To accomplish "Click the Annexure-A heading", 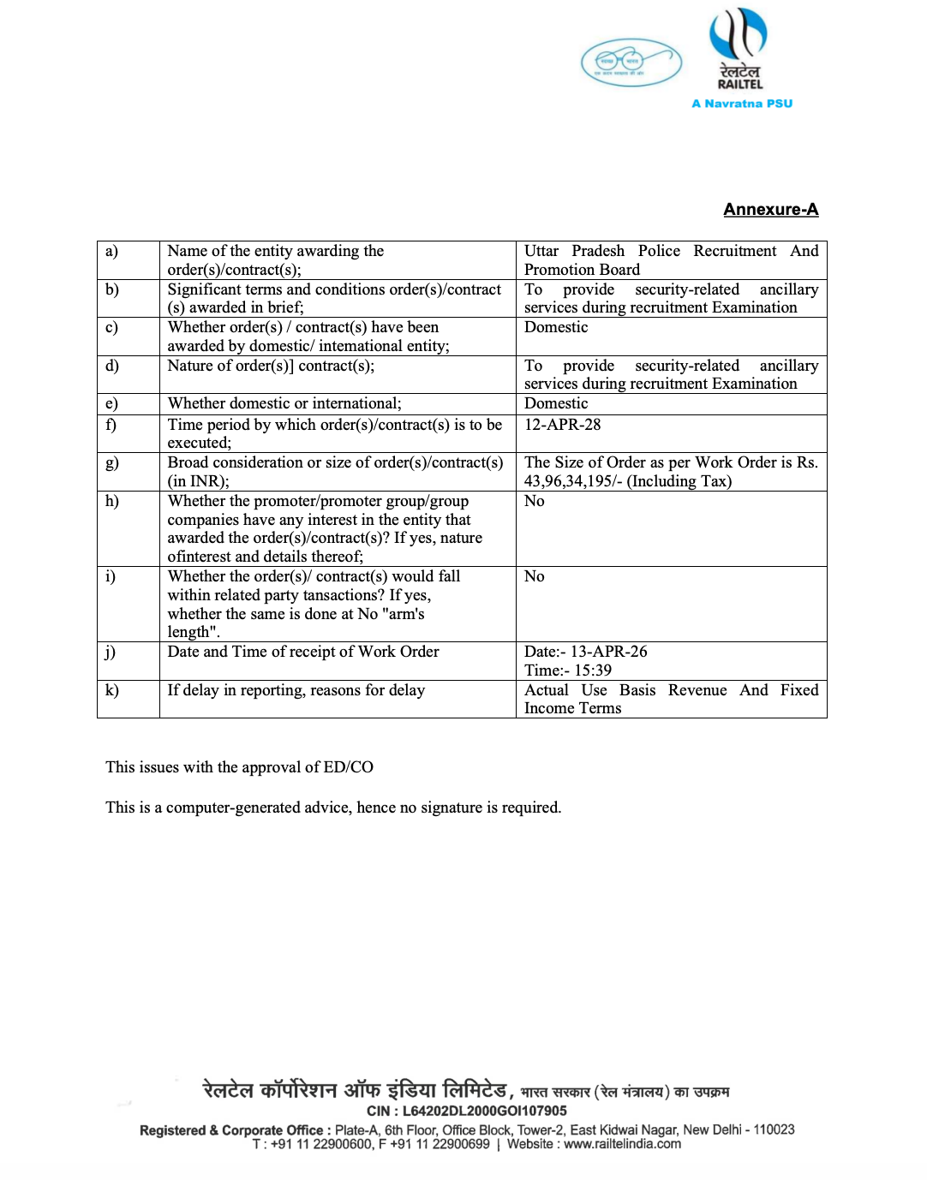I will tap(770, 210).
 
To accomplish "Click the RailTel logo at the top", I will tap(739, 49).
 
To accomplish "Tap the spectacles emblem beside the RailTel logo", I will tap(631, 63).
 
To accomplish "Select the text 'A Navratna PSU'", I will tap(742, 104).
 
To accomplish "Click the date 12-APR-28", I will tap(562, 425).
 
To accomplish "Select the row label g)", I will tap(112, 463).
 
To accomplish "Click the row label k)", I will tap(112, 690).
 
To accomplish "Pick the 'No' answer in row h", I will tap(534, 501).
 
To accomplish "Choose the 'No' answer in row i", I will tap(534, 576).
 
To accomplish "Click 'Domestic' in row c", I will tap(556, 327).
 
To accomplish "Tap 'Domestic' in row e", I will tap(556, 403).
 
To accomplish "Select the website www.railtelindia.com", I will tap(622, 1144).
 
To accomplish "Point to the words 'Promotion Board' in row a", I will tap(582, 270).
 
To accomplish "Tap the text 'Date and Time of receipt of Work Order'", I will tap(303, 652).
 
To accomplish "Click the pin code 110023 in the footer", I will tap(774, 1130).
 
